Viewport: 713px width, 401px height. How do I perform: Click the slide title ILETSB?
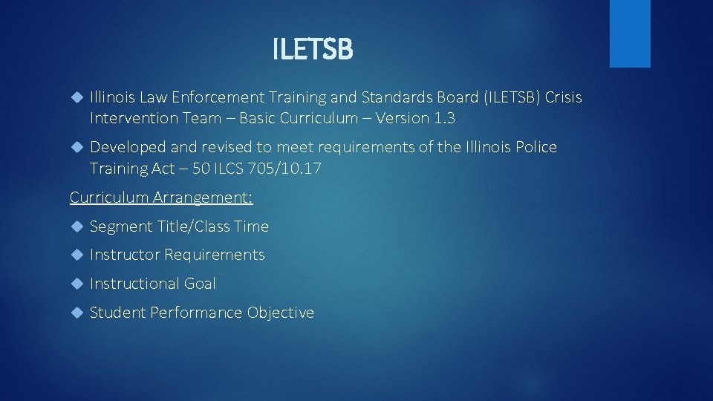[x=313, y=50]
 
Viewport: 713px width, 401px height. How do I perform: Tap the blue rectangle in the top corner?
[x=630, y=33]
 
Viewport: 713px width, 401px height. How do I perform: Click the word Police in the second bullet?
[x=532, y=147]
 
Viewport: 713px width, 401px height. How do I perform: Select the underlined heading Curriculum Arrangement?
[x=161, y=198]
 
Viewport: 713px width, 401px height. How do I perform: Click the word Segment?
[x=120, y=226]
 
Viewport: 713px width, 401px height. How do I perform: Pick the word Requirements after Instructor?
[x=215, y=255]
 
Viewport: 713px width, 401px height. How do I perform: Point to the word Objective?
[x=281, y=313]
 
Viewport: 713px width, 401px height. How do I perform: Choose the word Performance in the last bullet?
[x=196, y=313]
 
